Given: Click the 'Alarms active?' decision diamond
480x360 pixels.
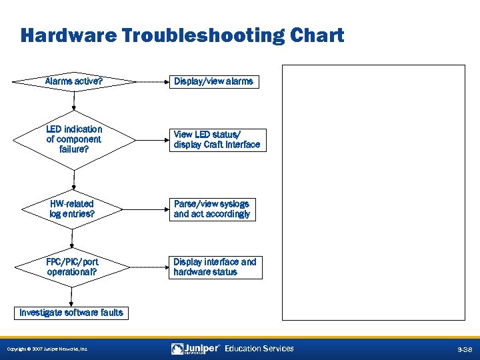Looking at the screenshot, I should tap(73, 82).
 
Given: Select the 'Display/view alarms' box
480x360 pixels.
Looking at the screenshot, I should tap(213, 82).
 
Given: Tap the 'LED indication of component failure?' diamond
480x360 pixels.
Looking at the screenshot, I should tap(73, 139).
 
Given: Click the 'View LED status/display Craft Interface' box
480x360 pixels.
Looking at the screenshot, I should tap(217, 140).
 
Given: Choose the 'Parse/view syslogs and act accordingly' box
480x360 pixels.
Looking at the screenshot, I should tap(212, 209).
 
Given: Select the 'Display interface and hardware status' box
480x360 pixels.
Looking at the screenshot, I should tap(215, 267).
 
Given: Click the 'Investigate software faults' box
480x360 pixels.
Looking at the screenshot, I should tap(71, 313).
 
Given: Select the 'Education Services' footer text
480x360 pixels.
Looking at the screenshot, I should tap(259, 349).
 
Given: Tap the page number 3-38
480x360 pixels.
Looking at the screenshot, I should tap(464, 349).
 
